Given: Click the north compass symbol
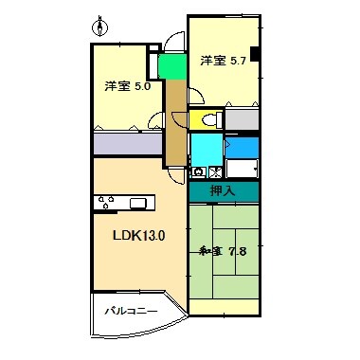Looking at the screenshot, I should tap(103, 24).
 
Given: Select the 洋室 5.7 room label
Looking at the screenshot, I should tap(224, 61).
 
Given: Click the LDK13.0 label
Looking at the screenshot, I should tap(139, 235).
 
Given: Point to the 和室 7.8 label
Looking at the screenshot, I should tap(223, 251).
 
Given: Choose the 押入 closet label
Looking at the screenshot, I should tap(224, 191).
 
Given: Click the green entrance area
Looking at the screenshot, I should tap(171, 68).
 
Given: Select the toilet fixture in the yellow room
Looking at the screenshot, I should tap(212, 119).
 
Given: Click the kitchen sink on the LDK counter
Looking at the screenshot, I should tap(139, 202).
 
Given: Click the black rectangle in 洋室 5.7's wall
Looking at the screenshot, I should tap(254, 54).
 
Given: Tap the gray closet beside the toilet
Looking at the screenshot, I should tap(241, 119).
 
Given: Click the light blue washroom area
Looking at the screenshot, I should tap(205, 149).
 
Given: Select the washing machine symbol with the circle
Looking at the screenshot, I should tap(199, 172).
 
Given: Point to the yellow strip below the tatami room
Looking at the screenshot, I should tap(224, 305).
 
